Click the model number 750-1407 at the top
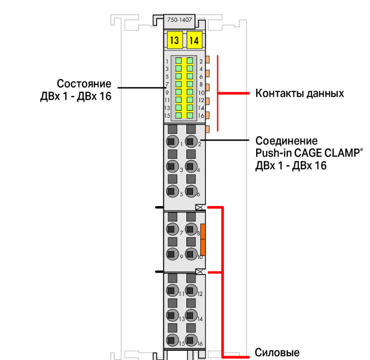tap(180, 20)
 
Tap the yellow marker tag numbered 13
tap(175, 40)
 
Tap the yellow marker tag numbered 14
tap(194, 40)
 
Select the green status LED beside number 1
tap(179, 61)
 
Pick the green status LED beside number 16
tap(190, 115)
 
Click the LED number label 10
tap(201, 93)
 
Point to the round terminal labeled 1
tap(173, 142)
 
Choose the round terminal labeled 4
tap(191, 166)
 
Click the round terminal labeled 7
tap(173, 229)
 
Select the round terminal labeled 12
tap(191, 290)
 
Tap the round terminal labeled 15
tap(173, 340)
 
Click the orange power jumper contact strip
tap(203, 240)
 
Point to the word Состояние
tap(84, 84)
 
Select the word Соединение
tap(287, 141)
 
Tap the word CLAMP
tap(342, 153)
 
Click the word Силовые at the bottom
tap(277, 353)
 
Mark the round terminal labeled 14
tap(191, 315)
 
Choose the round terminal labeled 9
tap(173, 254)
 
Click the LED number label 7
tap(167, 85)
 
